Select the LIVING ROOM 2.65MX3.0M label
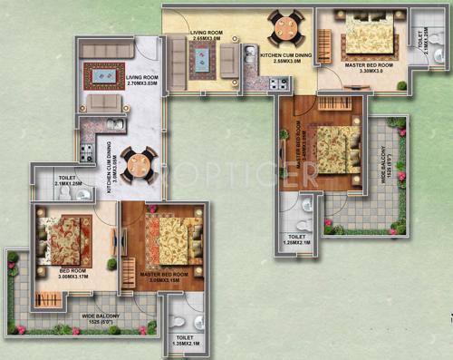tap(207, 36)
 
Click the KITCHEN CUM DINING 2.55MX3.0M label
tap(286, 58)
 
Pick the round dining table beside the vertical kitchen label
tap(139, 163)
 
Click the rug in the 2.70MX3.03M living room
tap(103, 76)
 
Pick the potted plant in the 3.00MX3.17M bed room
tap(111, 264)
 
